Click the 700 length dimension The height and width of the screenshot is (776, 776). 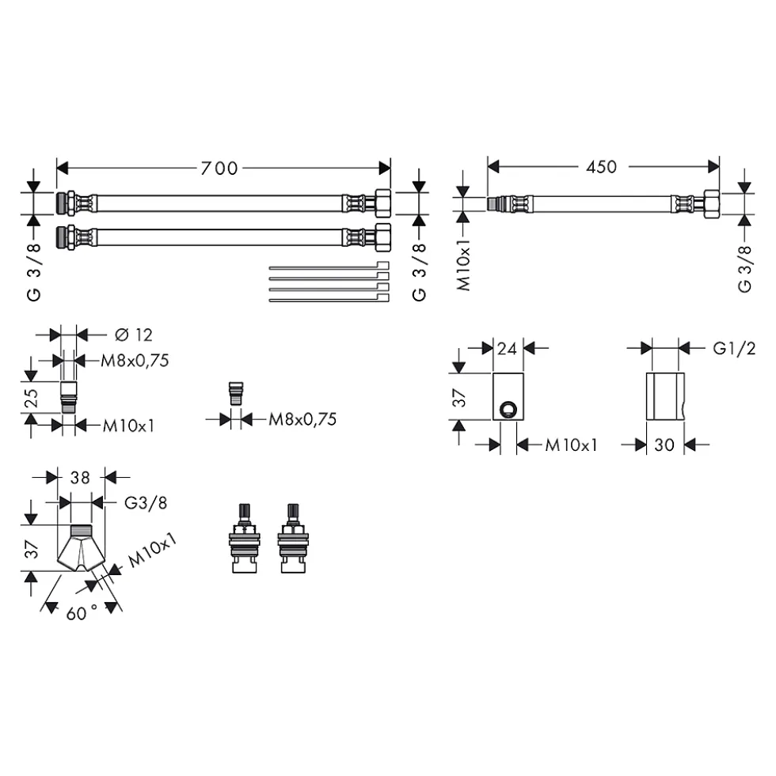pyautogui.click(x=219, y=168)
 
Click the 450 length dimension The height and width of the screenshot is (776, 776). pyautogui.click(x=601, y=167)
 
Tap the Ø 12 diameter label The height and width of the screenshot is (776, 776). pyautogui.click(x=133, y=335)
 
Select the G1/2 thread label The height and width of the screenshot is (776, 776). pyautogui.click(x=734, y=349)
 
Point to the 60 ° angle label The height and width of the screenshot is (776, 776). pyautogui.click(x=82, y=613)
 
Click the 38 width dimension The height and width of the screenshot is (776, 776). pyautogui.click(x=80, y=478)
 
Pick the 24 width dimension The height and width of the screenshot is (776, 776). pyautogui.click(x=507, y=349)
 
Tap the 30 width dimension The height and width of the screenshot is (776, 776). pyautogui.click(x=664, y=445)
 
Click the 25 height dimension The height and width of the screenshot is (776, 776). pyautogui.click(x=31, y=397)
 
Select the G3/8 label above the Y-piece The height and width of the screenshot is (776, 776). pyautogui.click(x=146, y=503)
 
